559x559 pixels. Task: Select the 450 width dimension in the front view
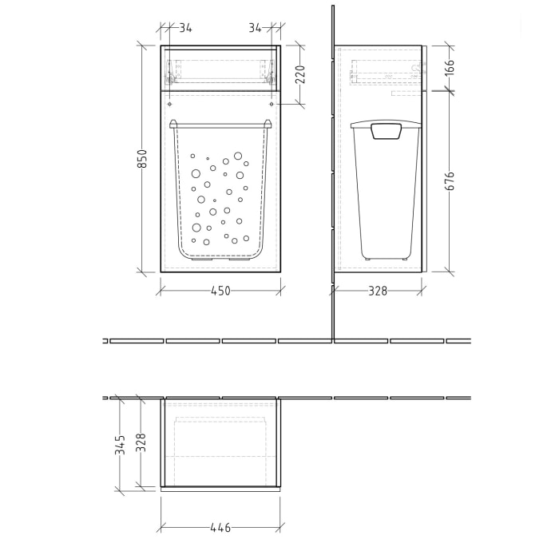point(220,291)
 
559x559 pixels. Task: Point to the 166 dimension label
point(449,67)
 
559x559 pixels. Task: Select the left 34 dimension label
point(185,28)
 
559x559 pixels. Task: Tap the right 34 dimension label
point(256,28)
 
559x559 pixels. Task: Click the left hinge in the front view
point(169,77)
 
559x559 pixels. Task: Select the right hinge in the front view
point(272,77)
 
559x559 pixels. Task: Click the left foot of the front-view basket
point(198,259)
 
